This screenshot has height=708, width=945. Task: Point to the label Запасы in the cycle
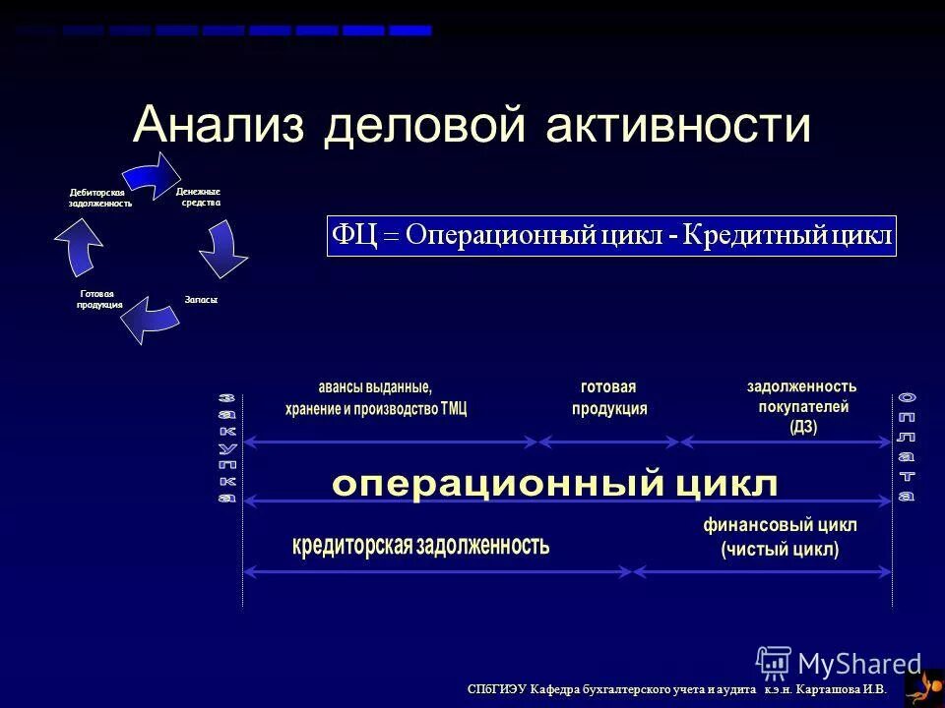200,299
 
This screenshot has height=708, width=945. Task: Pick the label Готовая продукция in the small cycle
99,300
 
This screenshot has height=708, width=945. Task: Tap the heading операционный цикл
555,483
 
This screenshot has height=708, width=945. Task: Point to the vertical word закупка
227,447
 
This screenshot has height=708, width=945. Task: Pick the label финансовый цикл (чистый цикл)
780,537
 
